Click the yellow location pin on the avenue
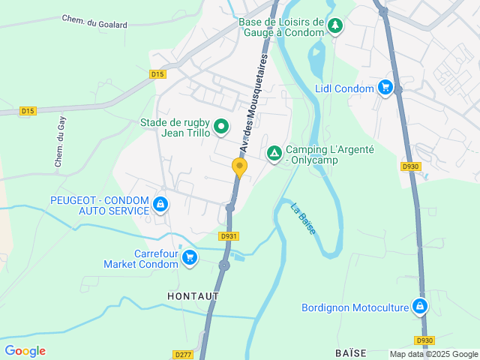click(240, 167)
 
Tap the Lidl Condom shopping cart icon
click(385, 88)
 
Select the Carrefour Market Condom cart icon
click(190, 258)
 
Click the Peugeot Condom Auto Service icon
click(160, 204)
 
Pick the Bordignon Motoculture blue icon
click(420, 306)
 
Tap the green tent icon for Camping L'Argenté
click(274, 154)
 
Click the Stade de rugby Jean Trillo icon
click(221, 127)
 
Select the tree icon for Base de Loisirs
click(335, 26)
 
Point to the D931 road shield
click(229, 236)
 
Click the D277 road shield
click(182, 354)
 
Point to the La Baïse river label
click(302, 218)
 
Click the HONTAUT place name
click(193, 296)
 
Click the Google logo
click(25, 351)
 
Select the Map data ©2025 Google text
click(433, 354)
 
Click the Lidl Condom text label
click(345, 88)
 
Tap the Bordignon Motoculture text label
click(355, 307)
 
